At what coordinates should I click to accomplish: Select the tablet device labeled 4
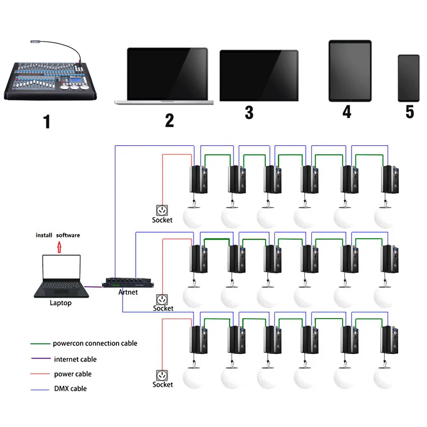pyautogui.click(x=350, y=71)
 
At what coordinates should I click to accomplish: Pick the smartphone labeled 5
pyautogui.click(x=409, y=78)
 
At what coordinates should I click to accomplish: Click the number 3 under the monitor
pyautogui.click(x=249, y=113)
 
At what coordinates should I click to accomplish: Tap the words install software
pyautogui.click(x=58, y=235)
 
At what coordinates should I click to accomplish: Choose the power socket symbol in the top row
pyautogui.click(x=161, y=210)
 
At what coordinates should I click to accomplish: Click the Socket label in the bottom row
pyautogui.click(x=163, y=384)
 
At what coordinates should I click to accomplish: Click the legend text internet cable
pyautogui.click(x=75, y=359)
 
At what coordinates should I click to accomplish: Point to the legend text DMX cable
pyautogui.click(x=70, y=389)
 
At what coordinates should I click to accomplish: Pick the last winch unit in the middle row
pyautogui.click(x=389, y=260)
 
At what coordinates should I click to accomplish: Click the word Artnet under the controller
pyautogui.click(x=128, y=292)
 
